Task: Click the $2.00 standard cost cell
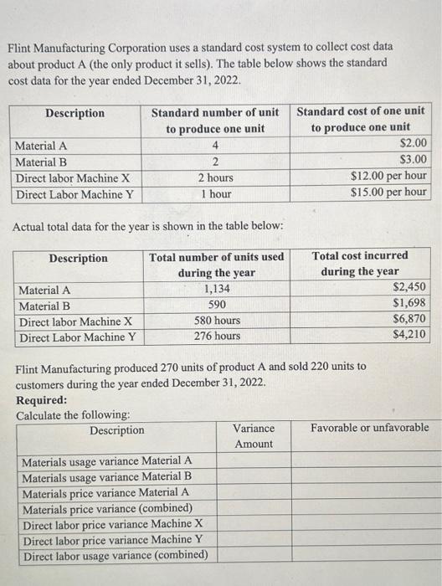click(414, 143)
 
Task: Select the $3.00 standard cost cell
click(414, 159)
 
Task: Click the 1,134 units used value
click(217, 289)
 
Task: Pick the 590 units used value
click(217, 305)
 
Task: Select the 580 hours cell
click(217, 321)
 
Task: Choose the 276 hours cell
click(217, 337)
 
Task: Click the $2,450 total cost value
click(410, 289)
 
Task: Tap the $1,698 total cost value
click(410, 305)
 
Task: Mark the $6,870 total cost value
click(410, 321)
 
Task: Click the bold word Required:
click(42, 399)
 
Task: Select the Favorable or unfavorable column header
click(369, 428)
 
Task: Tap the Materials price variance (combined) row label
click(106, 508)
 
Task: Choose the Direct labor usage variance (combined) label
click(115, 556)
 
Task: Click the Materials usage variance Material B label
click(106, 476)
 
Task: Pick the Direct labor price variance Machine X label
click(112, 524)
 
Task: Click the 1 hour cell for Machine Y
click(216, 193)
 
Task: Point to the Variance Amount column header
click(253, 435)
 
